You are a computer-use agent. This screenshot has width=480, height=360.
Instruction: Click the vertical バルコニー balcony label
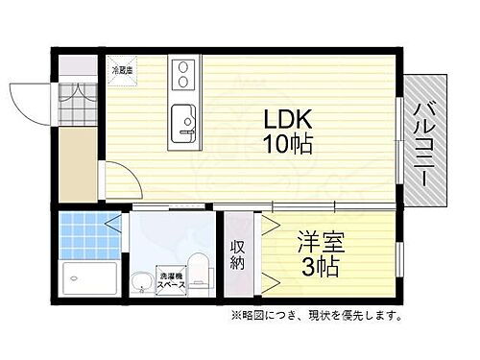[423, 139]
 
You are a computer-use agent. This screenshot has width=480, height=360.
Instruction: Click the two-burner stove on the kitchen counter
[182, 74]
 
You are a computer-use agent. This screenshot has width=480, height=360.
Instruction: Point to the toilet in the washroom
[197, 266]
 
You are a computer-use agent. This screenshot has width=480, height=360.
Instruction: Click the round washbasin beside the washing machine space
[142, 281]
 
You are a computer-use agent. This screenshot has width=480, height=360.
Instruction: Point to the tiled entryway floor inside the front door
[76, 100]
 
